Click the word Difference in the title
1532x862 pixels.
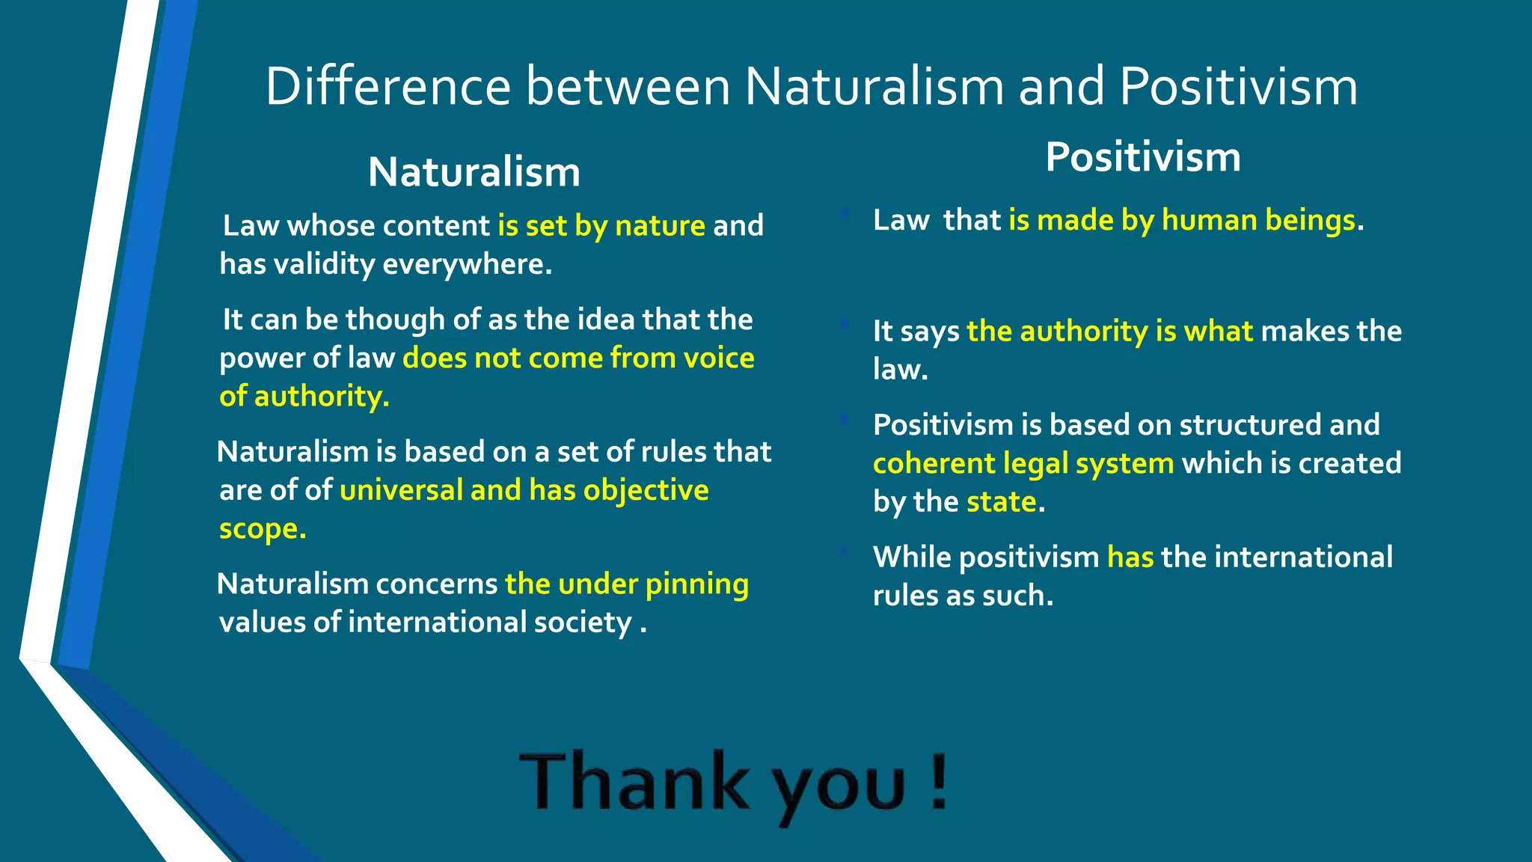click(387, 87)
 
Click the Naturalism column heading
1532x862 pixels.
click(474, 172)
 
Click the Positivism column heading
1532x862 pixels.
click(1142, 157)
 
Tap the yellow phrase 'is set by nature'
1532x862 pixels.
click(601, 226)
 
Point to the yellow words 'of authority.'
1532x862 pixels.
click(304, 397)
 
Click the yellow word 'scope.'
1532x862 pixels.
click(263, 529)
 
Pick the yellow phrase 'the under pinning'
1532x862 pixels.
click(627, 584)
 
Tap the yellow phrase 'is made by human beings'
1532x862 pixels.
click(1182, 221)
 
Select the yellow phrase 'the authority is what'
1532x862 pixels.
click(1109, 331)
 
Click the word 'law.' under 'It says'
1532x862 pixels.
click(900, 370)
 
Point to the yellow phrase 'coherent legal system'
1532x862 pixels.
click(1023, 464)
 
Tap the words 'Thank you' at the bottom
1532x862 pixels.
click(711, 783)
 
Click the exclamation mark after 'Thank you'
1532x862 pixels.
click(940, 782)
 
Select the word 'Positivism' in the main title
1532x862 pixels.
click(1238, 87)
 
